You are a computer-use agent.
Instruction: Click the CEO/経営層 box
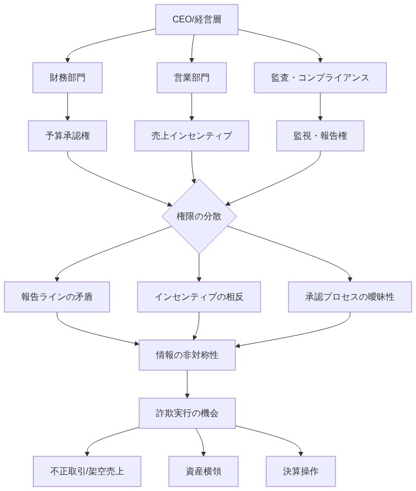pos(196,20)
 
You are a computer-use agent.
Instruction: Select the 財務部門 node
pos(68,78)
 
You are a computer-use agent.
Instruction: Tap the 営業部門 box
pos(192,78)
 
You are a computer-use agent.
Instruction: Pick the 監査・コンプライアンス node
pos(320,78)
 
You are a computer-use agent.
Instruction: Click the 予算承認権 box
pos(68,136)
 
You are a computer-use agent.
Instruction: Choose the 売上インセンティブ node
pos(192,136)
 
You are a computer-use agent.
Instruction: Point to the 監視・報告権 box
pos(320,136)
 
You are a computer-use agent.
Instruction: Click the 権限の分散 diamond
pos(199,216)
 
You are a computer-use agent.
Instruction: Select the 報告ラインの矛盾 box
pos(57,297)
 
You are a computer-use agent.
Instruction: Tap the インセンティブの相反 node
pos(199,297)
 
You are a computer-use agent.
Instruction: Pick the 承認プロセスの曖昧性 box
pos(350,297)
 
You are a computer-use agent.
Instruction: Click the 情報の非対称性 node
pos(187,355)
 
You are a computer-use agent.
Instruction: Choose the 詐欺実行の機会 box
pos(187,413)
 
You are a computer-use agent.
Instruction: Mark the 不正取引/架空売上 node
pos(87,471)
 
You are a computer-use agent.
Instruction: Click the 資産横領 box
pos(204,471)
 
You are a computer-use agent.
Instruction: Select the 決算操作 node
pos(301,471)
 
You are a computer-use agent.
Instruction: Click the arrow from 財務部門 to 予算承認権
pos(68,106)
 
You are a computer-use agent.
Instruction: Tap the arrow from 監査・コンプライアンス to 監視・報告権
pos(320,106)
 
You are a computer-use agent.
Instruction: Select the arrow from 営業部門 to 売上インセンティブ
pos(192,106)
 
